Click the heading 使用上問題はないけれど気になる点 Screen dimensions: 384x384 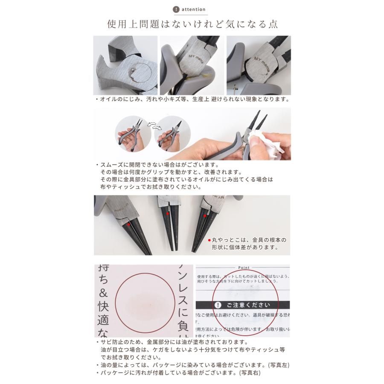click(x=192, y=24)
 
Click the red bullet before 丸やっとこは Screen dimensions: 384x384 click(x=209, y=239)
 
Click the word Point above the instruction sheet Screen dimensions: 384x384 click(x=242, y=268)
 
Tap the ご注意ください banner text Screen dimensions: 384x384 click(x=248, y=305)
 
